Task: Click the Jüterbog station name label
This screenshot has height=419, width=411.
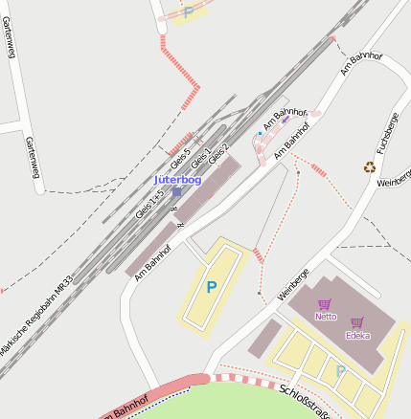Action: [177, 180]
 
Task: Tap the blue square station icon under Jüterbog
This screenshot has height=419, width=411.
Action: [176, 192]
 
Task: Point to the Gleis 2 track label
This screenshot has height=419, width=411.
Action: [218, 152]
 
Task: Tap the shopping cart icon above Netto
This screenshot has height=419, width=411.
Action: [324, 304]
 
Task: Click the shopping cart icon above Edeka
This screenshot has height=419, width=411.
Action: [357, 322]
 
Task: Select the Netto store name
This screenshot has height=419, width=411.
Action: [326, 316]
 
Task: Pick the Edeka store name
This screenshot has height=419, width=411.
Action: [357, 335]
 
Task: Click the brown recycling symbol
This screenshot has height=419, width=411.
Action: [369, 167]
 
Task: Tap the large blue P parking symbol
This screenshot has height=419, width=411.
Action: [212, 286]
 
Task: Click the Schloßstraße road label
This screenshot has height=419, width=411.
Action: [306, 400]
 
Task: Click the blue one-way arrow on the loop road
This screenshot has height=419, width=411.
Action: [285, 121]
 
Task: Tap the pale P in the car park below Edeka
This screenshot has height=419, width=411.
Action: [340, 371]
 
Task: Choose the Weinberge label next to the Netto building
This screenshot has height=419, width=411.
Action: [292, 286]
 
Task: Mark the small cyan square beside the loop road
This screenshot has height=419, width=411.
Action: [259, 133]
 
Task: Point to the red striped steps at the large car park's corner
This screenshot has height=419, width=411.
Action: [258, 254]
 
